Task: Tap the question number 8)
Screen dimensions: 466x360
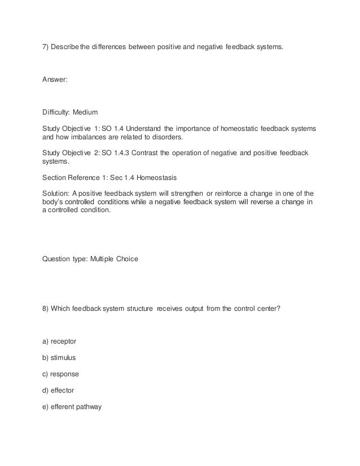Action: click(46, 308)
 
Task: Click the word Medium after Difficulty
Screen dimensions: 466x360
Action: click(86, 113)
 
